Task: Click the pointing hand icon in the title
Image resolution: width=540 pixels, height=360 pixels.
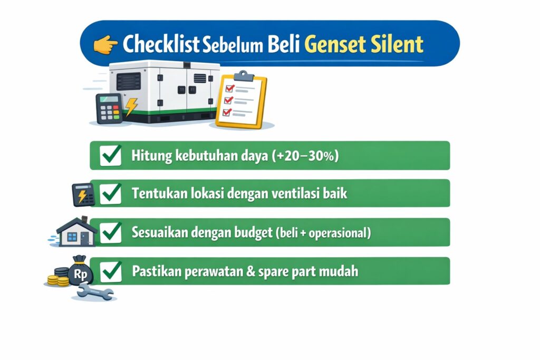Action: pos(105,44)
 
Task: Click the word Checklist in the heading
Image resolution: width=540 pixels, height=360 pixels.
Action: pos(161,44)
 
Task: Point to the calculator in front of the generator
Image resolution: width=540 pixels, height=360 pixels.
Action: pos(109,109)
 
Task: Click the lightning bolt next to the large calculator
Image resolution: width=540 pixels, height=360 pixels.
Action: pos(131,106)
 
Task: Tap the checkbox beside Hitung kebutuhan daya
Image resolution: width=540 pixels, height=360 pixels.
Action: pos(111,155)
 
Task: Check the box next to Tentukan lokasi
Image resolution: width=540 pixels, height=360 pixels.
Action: pos(111,193)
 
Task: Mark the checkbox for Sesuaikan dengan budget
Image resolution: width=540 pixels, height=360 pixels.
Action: pos(111,232)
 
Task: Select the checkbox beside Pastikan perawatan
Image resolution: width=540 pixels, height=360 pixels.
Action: pos(111,271)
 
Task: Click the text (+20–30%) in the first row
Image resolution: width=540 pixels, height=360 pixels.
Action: pos(305,156)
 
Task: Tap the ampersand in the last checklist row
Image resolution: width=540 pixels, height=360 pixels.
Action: pos(250,271)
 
